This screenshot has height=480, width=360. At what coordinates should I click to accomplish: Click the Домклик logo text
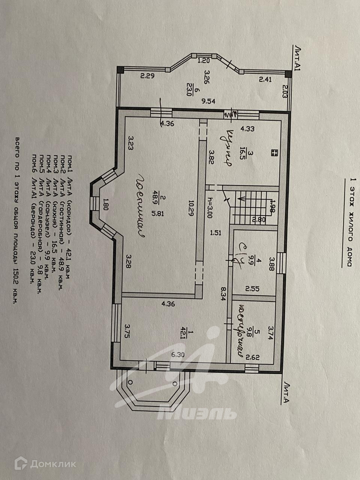[x=53, y=464]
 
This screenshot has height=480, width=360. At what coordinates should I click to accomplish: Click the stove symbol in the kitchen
[x=274, y=152]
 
